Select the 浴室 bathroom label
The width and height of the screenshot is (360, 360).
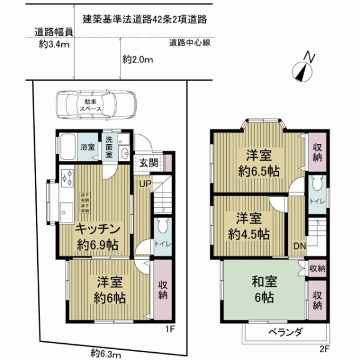click(88, 147)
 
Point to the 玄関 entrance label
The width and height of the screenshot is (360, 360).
click(148, 162)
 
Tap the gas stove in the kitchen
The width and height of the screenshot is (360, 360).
click(67, 179)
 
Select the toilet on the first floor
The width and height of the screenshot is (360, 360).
click(161, 228)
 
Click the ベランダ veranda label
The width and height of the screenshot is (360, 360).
click(286, 333)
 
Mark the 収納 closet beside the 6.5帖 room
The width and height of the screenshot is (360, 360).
click(317, 152)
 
